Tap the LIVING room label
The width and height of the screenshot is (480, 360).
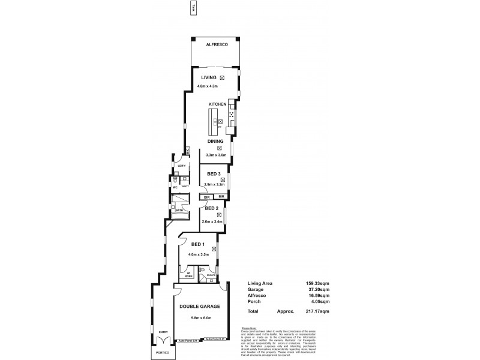pos(208,78)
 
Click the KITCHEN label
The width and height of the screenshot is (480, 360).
pos(217,104)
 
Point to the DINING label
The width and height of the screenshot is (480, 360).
pos(215,141)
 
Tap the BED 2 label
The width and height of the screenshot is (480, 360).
pos(211,208)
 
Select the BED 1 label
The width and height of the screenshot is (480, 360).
pos(199,244)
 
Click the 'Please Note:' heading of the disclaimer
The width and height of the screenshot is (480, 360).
pos(248,328)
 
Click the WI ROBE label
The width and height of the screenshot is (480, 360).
pos(188,274)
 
